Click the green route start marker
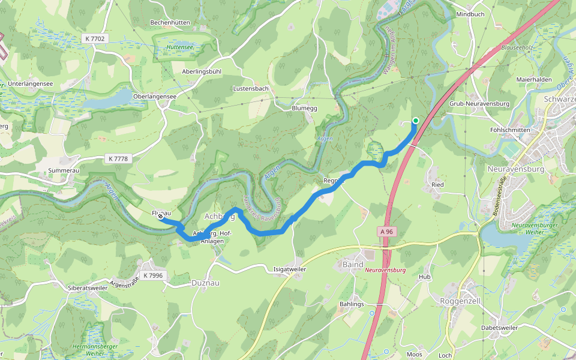click(415, 121)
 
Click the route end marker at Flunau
click(161, 218)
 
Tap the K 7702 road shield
click(95, 38)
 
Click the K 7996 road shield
click(153, 275)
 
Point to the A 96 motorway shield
click(386, 230)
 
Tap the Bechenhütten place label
click(170, 22)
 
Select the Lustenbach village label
click(250, 88)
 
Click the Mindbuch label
click(470, 14)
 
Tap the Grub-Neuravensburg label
click(479, 103)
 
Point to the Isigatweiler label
click(290, 269)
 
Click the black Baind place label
click(353, 264)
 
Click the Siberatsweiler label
click(88, 288)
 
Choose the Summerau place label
click(64, 170)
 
